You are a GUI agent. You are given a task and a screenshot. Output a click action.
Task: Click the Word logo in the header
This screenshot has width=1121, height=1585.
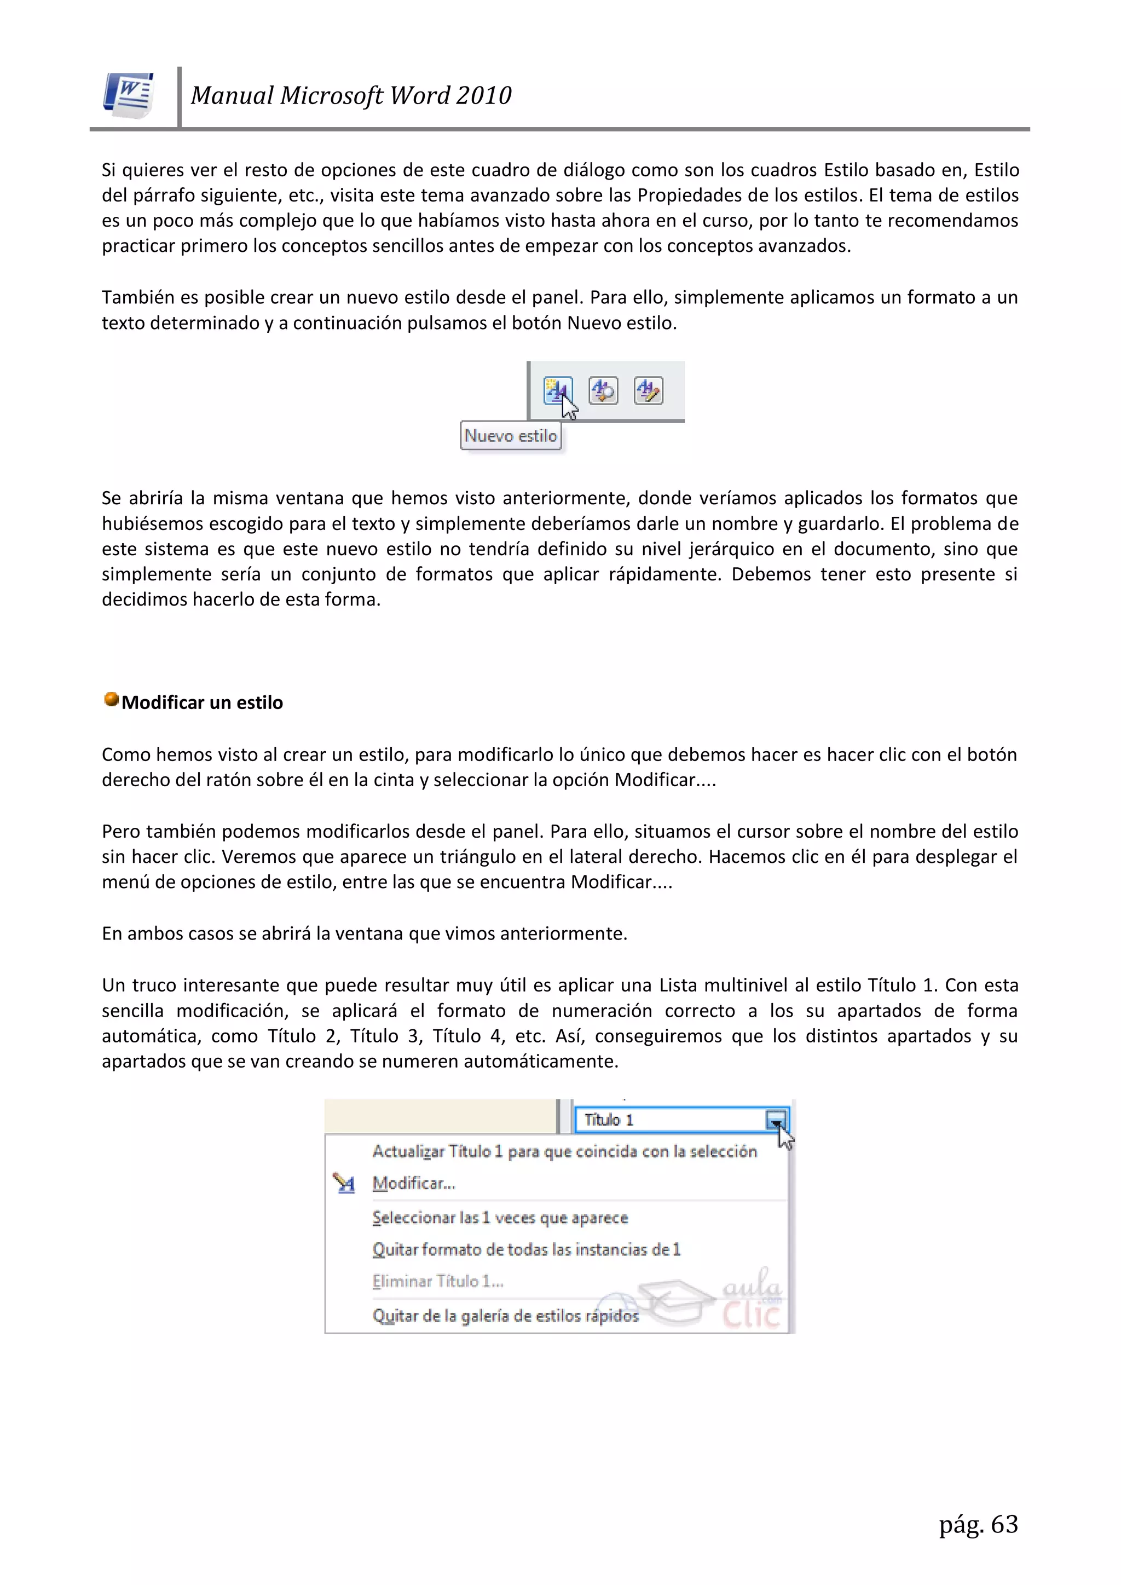(x=129, y=95)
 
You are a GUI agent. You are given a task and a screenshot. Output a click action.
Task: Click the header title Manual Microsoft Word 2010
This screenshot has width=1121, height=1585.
(x=351, y=95)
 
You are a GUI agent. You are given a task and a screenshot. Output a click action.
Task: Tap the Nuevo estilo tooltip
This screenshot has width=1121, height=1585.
(x=510, y=436)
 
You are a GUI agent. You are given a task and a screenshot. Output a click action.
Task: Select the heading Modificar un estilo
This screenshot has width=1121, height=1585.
(x=202, y=703)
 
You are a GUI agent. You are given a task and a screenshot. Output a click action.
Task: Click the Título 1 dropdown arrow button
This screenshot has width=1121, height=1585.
(x=776, y=1120)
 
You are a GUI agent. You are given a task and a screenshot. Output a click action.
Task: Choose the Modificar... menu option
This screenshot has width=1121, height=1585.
(x=413, y=1183)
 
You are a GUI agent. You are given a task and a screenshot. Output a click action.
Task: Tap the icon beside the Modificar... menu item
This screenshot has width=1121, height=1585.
(x=344, y=1183)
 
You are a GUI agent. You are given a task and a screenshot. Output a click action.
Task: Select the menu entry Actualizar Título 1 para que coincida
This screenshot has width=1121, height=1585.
(x=564, y=1151)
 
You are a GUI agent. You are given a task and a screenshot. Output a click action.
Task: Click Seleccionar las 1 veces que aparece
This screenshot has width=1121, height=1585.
(x=500, y=1218)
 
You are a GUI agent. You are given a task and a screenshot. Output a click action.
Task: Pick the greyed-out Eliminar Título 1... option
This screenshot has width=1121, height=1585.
(x=438, y=1281)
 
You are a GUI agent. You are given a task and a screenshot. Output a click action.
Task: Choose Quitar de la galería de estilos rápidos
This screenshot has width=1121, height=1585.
(x=505, y=1316)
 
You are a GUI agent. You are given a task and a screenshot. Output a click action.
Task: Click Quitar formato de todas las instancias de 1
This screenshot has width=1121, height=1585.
(x=526, y=1249)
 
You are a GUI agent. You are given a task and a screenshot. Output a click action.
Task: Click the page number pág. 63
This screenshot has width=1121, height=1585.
(x=978, y=1524)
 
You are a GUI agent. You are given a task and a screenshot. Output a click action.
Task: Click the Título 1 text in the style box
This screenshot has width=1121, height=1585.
(x=608, y=1120)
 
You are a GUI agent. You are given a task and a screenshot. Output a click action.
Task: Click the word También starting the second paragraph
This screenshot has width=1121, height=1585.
(x=138, y=297)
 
